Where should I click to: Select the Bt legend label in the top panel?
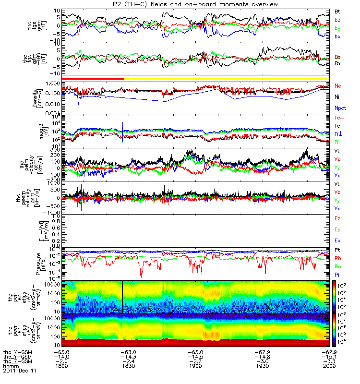pyautogui.click(x=337, y=11)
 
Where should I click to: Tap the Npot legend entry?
pyautogui.click(x=340, y=108)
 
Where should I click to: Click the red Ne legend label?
pyautogui.click(x=338, y=85)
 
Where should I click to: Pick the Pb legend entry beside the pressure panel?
pyautogui.click(x=338, y=258)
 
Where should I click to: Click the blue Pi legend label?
pyautogui.click(x=337, y=274)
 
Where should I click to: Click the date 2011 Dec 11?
pyautogui.click(x=20, y=371)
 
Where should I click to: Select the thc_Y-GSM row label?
pyautogui.click(x=16, y=357)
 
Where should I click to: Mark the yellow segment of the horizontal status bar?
pyautogui.click(x=226, y=78)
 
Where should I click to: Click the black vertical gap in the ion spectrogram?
pyautogui.click(x=123, y=297)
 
